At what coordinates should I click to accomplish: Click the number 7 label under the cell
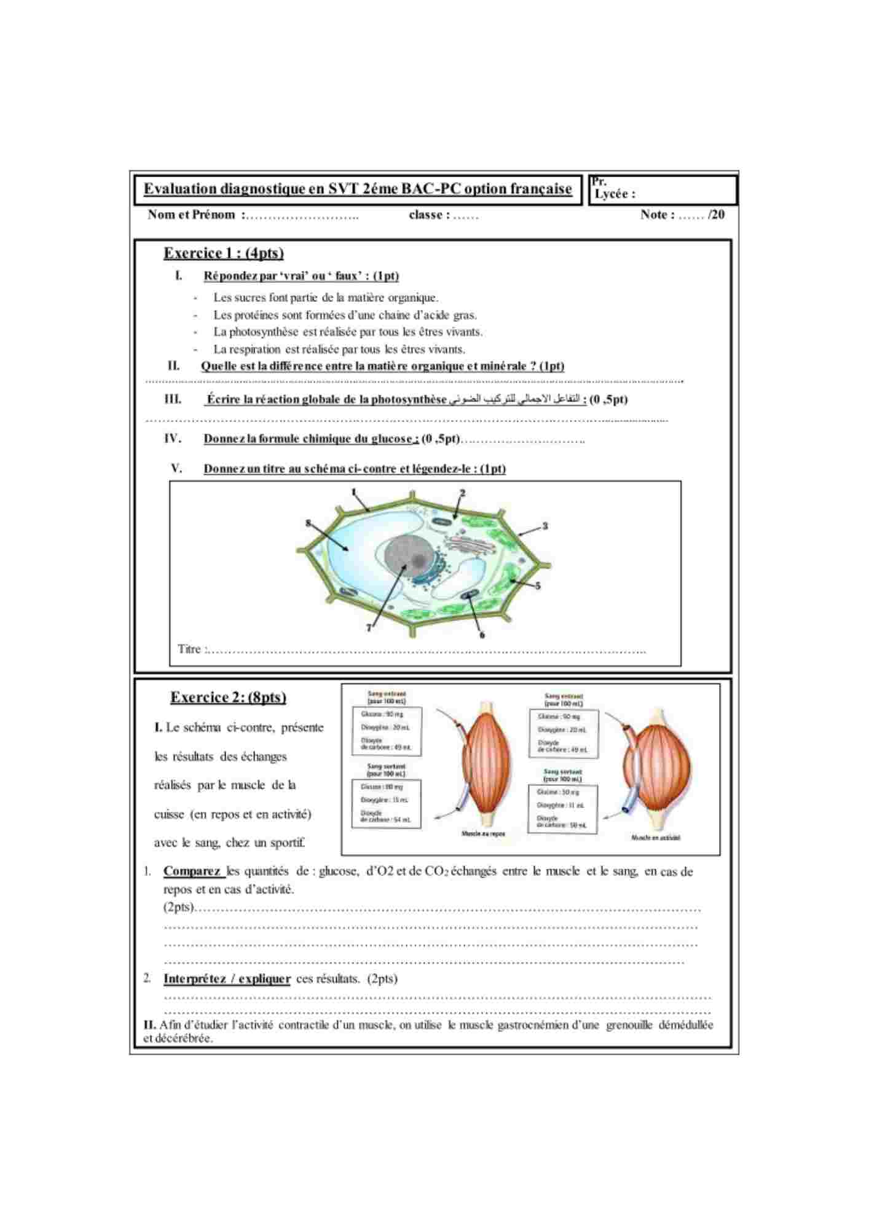click(369, 628)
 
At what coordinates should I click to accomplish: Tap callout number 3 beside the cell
click(545, 526)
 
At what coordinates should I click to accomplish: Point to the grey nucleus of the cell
click(407, 558)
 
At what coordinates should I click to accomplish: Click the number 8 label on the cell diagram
click(309, 523)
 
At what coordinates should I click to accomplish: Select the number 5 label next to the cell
click(538, 585)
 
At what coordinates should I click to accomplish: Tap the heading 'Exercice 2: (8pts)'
click(228, 697)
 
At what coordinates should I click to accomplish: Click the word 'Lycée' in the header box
click(611, 194)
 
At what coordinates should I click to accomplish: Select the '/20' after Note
click(716, 215)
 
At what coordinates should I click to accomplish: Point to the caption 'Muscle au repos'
click(483, 834)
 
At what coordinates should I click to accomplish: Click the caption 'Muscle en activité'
click(656, 837)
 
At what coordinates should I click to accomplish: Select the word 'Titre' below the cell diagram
click(189, 649)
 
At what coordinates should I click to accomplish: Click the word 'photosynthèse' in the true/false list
click(264, 332)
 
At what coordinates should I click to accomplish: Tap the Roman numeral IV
click(173, 438)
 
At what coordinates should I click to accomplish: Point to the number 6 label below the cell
click(482, 635)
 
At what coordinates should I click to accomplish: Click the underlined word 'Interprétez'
click(195, 978)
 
